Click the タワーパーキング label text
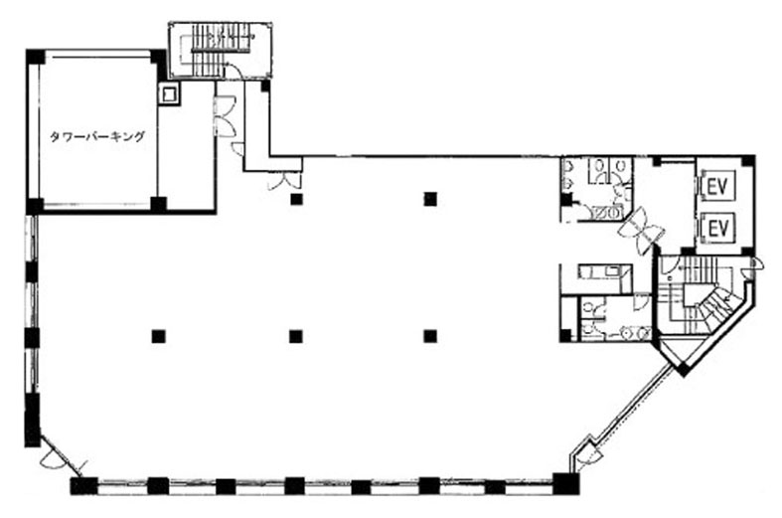(x=96, y=136)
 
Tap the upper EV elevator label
(x=718, y=186)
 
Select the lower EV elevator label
(x=718, y=229)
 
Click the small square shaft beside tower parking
(x=170, y=93)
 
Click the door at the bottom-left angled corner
(x=62, y=455)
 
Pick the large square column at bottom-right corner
(x=565, y=483)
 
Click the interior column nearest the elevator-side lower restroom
(x=430, y=336)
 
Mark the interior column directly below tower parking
(x=159, y=336)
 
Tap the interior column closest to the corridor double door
(x=297, y=200)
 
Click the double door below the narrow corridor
(x=285, y=181)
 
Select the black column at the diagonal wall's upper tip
(x=684, y=369)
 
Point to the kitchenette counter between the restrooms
(x=605, y=272)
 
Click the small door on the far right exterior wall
(x=754, y=264)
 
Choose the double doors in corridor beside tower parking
(x=224, y=117)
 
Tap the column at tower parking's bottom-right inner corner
(x=159, y=204)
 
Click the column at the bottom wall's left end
(x=83, y=485)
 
